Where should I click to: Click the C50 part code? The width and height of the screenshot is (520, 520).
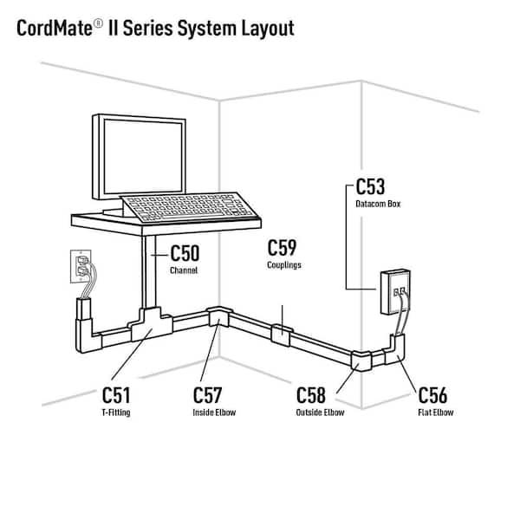185,254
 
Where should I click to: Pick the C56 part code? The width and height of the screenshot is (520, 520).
432,395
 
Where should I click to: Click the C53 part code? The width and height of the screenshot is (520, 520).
371,187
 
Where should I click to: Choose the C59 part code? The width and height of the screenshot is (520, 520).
284,248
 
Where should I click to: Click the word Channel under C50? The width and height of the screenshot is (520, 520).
184,270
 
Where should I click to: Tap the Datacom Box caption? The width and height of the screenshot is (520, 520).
376,205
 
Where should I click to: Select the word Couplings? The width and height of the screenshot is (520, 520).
284,265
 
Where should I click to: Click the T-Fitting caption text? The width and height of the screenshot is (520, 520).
116,413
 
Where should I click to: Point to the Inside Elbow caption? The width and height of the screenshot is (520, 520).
214,413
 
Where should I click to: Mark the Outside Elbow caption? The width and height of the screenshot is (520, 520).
320,413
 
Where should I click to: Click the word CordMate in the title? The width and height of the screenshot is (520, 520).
56,28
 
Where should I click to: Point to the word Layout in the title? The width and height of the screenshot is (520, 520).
265,28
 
